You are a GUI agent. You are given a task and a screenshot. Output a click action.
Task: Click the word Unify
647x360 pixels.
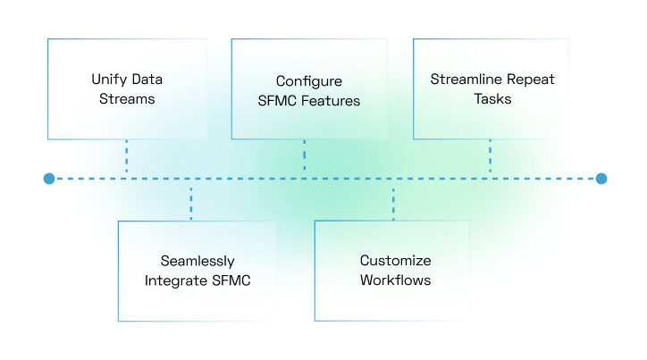pyautogui.click(x=109, y=79)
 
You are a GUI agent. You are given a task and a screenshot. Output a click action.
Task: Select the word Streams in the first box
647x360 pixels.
pyautogui.click(x=127, y=98)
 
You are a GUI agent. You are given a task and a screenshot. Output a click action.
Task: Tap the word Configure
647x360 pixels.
pyautogui.click(x=309, y=81)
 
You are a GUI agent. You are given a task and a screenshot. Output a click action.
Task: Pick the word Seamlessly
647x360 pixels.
pyautogui.click(x=197, y=261)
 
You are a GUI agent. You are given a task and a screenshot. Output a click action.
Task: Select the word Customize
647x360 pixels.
pyautogui.click(x=395, y=261)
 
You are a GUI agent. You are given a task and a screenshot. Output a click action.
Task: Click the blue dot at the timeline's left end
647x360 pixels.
pyautogui.click(x=49, y=179)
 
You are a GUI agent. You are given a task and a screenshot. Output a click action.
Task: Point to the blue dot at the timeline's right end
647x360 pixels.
pyautogui.click(x=601, y=179)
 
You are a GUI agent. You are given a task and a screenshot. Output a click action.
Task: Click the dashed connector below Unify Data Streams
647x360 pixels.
pyautogui.click(x=127, y=159)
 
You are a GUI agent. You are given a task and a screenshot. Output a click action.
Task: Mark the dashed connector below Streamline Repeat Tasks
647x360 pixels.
pyautogui.click(x=491, y=159)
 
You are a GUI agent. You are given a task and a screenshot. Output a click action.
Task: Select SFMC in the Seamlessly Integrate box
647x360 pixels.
pyautogui.click(x=231, y=280)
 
